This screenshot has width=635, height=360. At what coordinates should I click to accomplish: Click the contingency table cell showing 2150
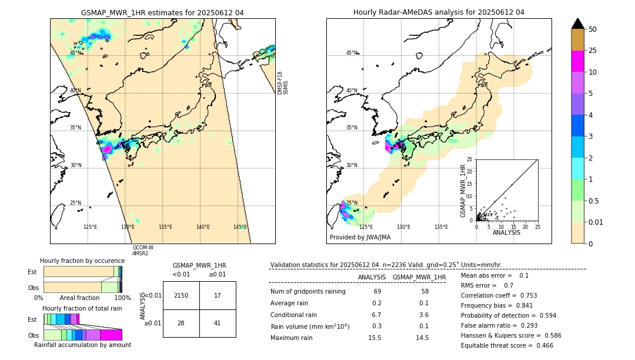181,295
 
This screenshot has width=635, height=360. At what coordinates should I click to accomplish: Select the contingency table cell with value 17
218,295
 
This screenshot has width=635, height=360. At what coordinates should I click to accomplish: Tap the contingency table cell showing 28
181,323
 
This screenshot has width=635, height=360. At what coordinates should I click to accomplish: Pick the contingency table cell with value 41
218,323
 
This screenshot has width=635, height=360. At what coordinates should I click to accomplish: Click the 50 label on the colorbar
593,29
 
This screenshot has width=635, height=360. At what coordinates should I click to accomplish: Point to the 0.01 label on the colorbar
596,221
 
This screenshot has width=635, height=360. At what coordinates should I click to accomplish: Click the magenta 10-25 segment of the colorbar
577,61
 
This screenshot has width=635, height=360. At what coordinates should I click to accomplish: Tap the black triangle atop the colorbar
577,24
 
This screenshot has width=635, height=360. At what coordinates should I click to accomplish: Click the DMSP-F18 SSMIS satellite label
283,83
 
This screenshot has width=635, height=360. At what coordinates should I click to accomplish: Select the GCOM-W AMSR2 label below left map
143,251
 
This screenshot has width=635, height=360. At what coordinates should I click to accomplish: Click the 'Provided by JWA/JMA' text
360,238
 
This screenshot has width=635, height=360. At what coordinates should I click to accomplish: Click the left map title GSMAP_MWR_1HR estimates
162,12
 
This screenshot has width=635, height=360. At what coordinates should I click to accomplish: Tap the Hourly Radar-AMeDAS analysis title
439,12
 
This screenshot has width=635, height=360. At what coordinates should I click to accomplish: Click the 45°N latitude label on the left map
75,53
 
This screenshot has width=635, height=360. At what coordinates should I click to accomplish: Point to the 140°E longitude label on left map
203,227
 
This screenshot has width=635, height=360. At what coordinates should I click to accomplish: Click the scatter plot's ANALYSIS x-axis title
506,233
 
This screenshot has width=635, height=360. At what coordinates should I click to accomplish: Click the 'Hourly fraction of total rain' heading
82,308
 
